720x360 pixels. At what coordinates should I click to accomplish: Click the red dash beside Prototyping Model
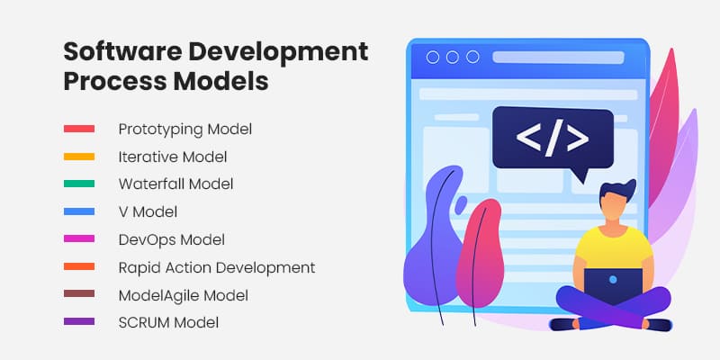79,129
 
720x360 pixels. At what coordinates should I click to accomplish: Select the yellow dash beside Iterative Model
79,157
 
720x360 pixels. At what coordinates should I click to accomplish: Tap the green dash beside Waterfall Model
79,184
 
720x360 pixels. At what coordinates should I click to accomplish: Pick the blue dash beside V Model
79,211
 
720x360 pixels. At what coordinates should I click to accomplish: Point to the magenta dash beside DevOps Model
79,238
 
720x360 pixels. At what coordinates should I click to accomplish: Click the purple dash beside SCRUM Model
79,321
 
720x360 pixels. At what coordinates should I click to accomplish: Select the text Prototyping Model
185,130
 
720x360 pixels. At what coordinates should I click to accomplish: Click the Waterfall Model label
175,184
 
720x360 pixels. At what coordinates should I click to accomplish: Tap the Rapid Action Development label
217,267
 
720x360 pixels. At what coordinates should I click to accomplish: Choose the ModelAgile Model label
184,295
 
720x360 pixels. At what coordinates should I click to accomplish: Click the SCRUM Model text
168,322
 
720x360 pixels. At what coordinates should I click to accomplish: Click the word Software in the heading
123,51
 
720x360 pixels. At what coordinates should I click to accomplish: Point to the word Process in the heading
115,81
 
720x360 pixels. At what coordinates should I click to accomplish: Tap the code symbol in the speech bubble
553,138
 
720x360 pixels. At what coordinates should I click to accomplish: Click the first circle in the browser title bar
433,57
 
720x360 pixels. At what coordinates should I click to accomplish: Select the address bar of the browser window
558,58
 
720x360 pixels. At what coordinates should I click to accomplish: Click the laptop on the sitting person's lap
613,285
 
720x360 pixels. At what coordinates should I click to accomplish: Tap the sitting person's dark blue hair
617,190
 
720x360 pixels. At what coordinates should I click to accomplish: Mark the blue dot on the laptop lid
613,279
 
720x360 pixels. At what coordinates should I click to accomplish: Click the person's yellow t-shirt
614,248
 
